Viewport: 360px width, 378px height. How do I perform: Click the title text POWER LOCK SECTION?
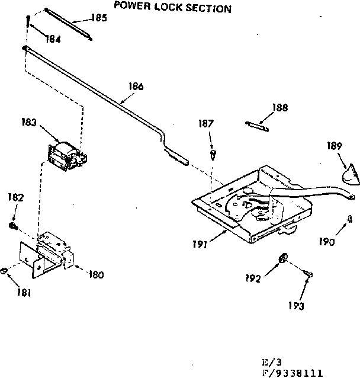172,9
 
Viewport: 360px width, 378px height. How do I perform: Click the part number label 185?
99,18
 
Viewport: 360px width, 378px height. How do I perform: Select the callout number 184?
54,39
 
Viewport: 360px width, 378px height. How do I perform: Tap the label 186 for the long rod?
136,86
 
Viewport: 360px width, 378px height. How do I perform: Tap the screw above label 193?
307,273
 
